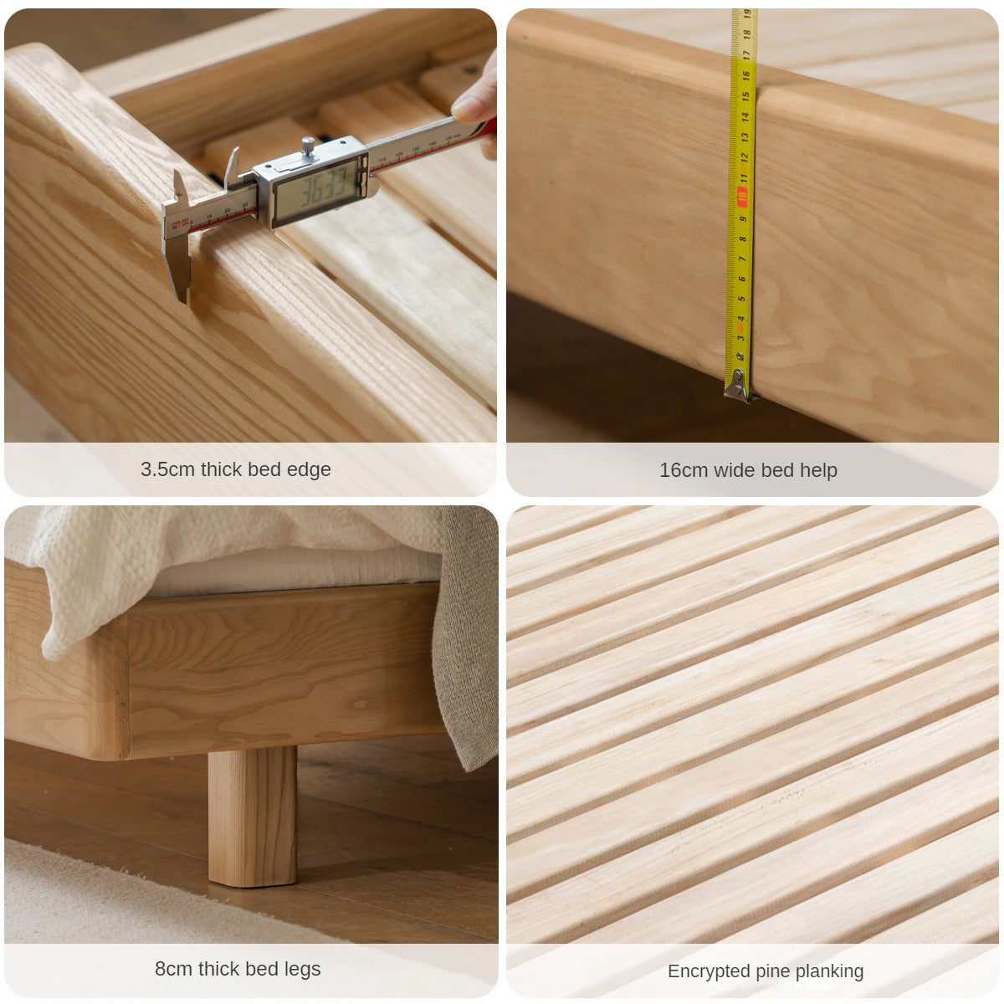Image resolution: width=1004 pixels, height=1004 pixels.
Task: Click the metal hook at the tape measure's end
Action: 739,385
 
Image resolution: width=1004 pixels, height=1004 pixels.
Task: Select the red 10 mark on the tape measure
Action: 742,197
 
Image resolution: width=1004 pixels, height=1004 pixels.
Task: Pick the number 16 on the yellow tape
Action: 745,75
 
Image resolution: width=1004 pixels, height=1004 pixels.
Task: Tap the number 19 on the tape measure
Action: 747,14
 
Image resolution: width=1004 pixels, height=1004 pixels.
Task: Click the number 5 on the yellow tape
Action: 741,298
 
